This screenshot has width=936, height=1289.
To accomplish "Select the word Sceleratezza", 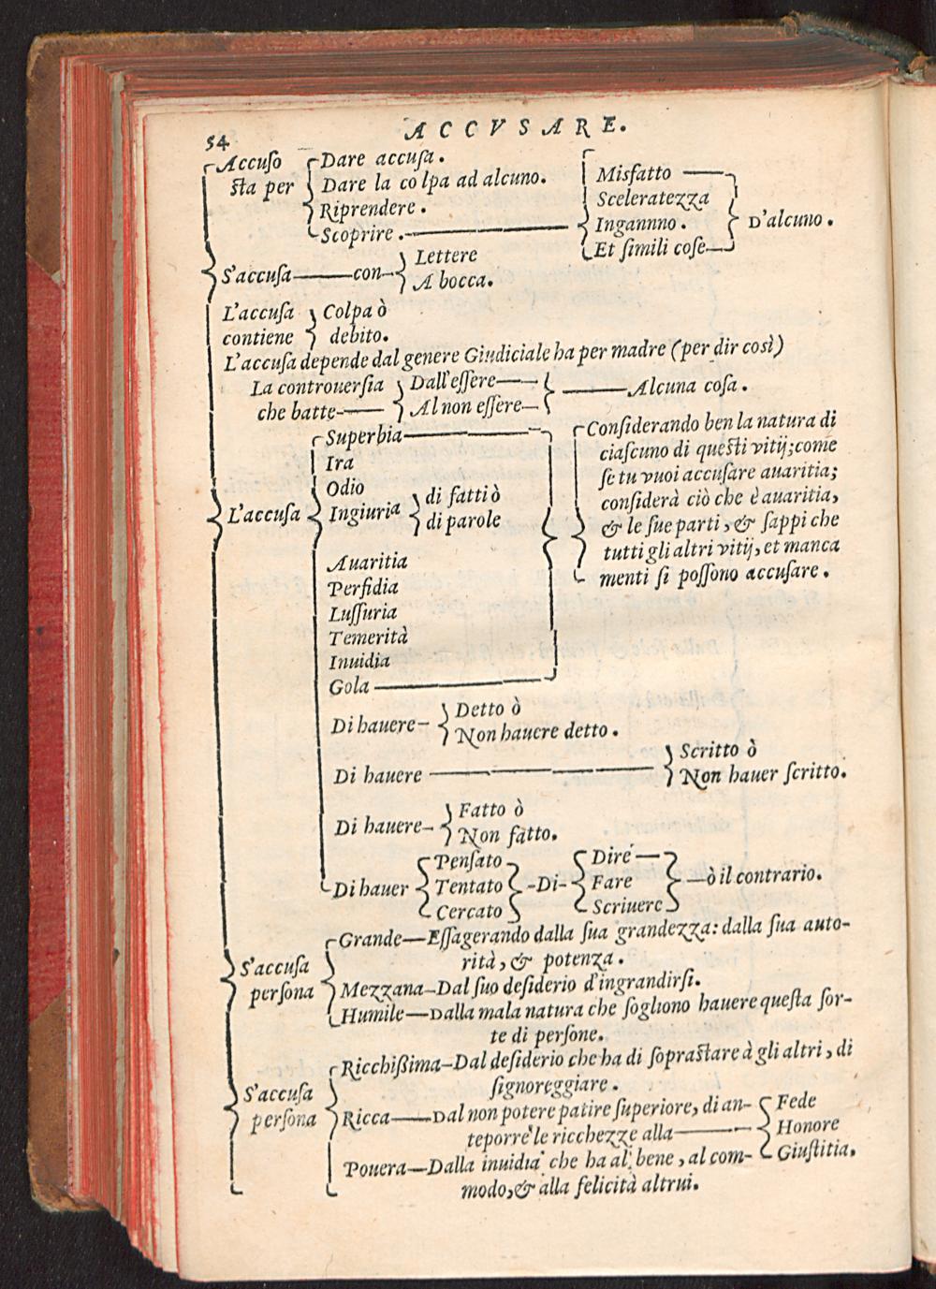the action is point(653,198).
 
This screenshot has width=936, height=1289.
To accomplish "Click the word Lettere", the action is point(446,256).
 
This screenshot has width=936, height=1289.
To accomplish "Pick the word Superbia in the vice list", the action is point(364,438).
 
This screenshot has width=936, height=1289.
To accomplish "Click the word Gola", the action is point(349,686).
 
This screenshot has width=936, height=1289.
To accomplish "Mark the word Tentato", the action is point(468,886).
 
